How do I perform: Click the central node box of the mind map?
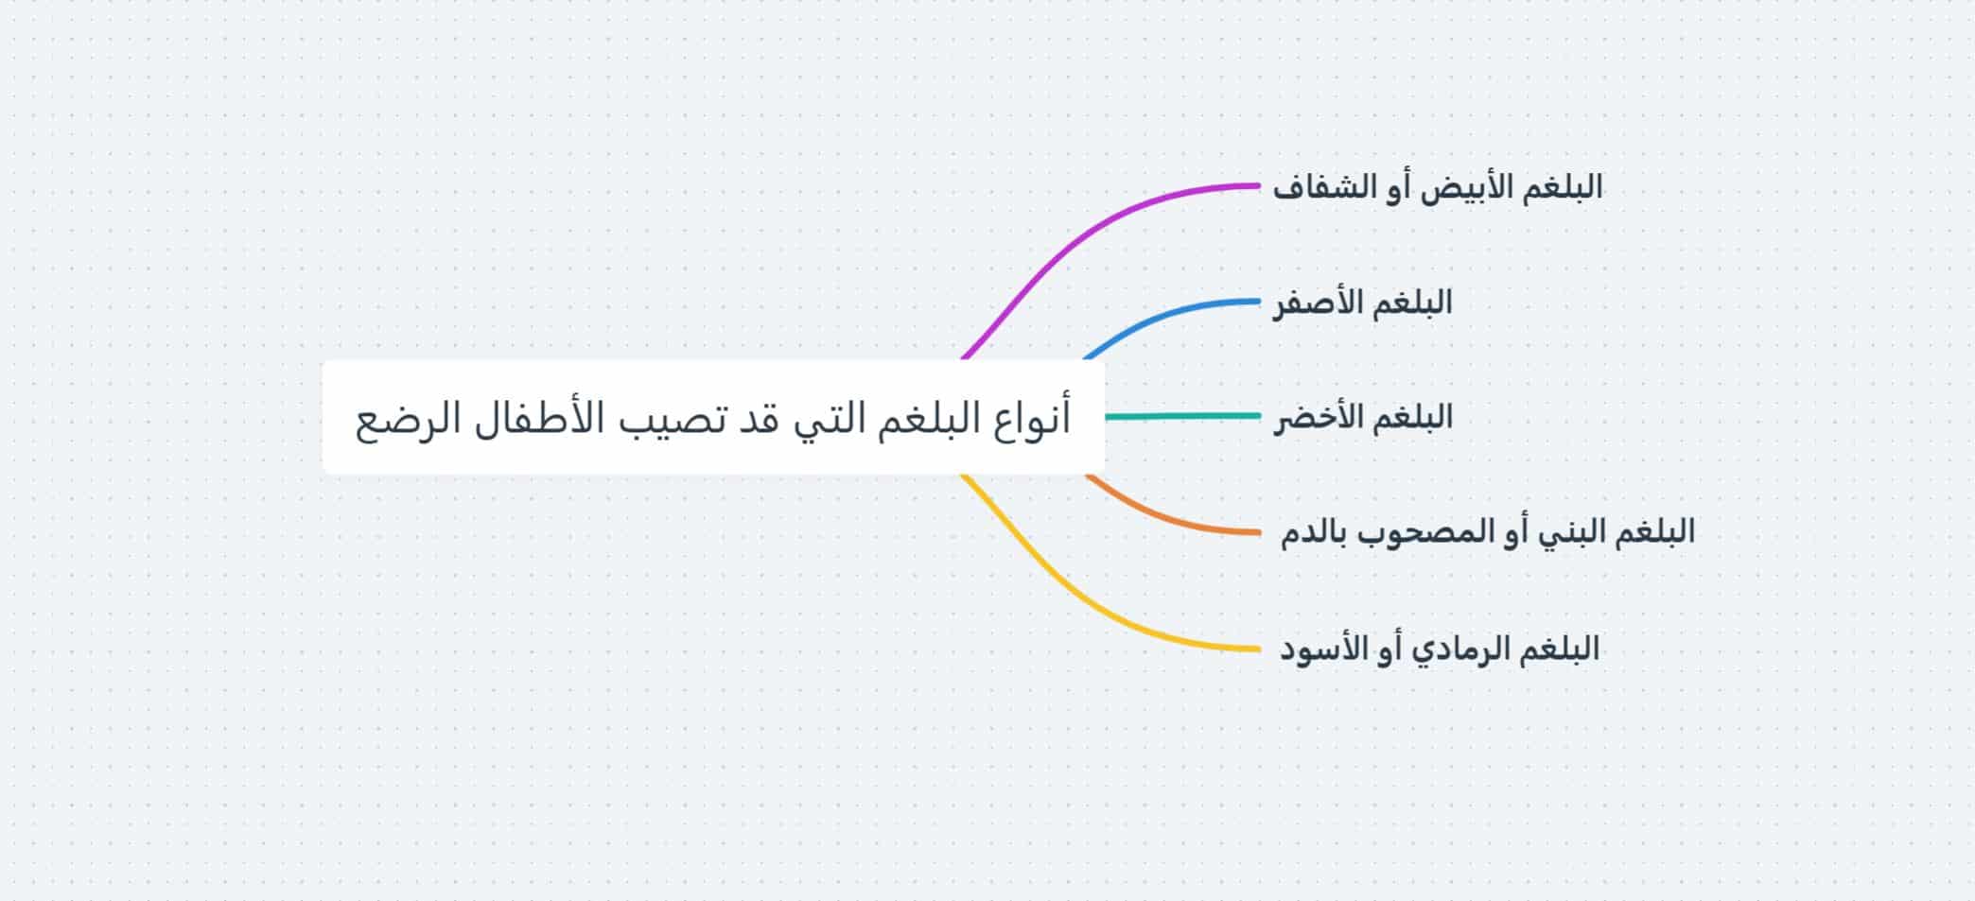713,417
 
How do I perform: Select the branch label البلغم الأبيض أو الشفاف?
1438,187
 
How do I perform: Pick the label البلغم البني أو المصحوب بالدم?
1488,532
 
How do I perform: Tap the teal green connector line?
1182,416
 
